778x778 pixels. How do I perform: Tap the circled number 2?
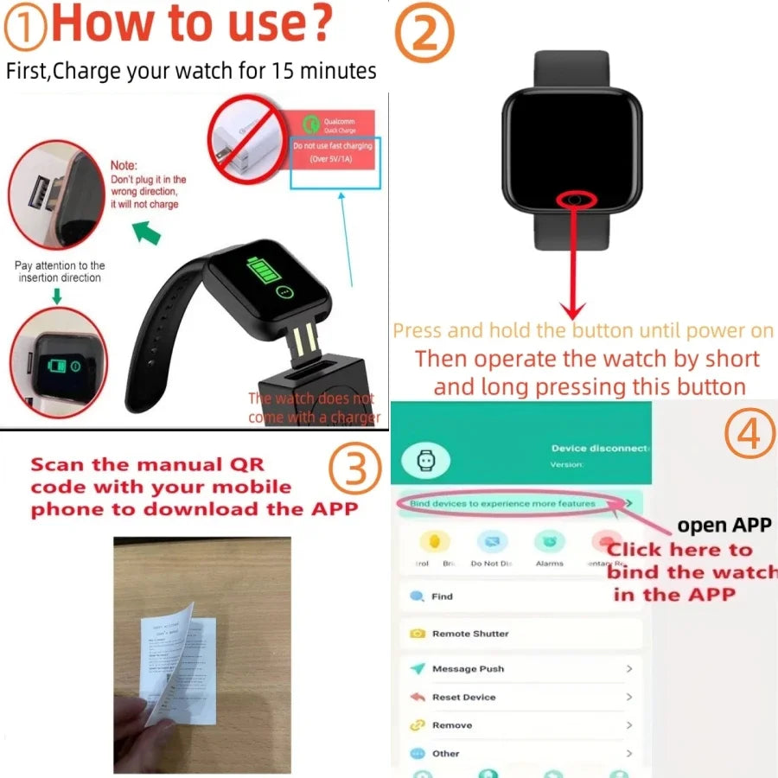coord(424,35)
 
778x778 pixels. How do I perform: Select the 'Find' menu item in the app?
coord(442,596)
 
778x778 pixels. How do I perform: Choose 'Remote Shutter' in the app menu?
coord(470,634)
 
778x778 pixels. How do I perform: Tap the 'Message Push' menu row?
coord(468,669)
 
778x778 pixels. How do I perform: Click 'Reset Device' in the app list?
coord(463,697)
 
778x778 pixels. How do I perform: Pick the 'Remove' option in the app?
coord(452,725)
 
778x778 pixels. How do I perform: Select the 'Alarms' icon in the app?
coord(549,544)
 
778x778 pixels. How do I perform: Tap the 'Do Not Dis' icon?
coord(492,544)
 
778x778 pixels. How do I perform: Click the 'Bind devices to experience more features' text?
coord(502,503)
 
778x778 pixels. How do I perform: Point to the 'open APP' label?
coord(724,525)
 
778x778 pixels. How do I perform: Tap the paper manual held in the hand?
coord(179,666)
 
